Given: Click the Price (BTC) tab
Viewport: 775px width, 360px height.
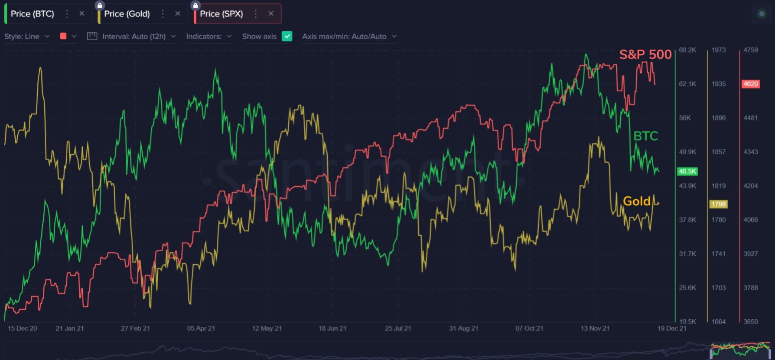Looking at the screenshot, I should [33, 14].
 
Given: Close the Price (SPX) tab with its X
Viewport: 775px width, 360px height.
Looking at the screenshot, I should [271, 14].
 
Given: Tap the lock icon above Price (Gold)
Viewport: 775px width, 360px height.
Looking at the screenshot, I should [100, 6].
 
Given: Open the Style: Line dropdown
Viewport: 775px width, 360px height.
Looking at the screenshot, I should [26, 36].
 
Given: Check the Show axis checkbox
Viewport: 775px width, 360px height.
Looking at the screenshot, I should [287, 36].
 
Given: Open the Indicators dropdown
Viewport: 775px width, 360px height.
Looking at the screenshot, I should [208, 36].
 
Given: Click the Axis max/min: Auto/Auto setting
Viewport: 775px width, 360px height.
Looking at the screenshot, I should [349, 36].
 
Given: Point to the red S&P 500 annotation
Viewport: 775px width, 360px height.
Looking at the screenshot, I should [645, 55].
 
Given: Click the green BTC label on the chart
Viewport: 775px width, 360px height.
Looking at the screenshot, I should [645, 136].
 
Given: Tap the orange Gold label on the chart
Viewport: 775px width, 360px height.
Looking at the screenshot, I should [636, 201].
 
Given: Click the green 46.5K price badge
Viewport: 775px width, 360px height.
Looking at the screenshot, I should [687, 172].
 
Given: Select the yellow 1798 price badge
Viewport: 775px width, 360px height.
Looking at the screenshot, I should [718, 204].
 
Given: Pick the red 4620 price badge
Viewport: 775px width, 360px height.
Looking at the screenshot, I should [751, 84].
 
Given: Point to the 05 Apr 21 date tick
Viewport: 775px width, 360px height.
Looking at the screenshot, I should [201, 328].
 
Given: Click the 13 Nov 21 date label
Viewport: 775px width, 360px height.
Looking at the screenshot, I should [595, 328].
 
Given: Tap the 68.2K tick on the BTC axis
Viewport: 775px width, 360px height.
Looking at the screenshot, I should [687, 50].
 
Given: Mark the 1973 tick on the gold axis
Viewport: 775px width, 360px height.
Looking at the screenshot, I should [718, 50].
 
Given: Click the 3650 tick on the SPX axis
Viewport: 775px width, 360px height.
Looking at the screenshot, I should [751, 321].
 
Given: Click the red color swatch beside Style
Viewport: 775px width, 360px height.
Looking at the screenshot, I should [63, 36].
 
